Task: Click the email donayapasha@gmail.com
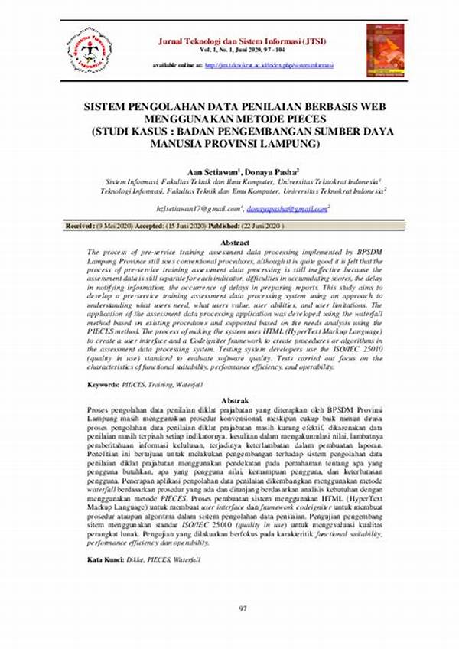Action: (x=287, y=208)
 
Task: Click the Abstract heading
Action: (x=229, y=242)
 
